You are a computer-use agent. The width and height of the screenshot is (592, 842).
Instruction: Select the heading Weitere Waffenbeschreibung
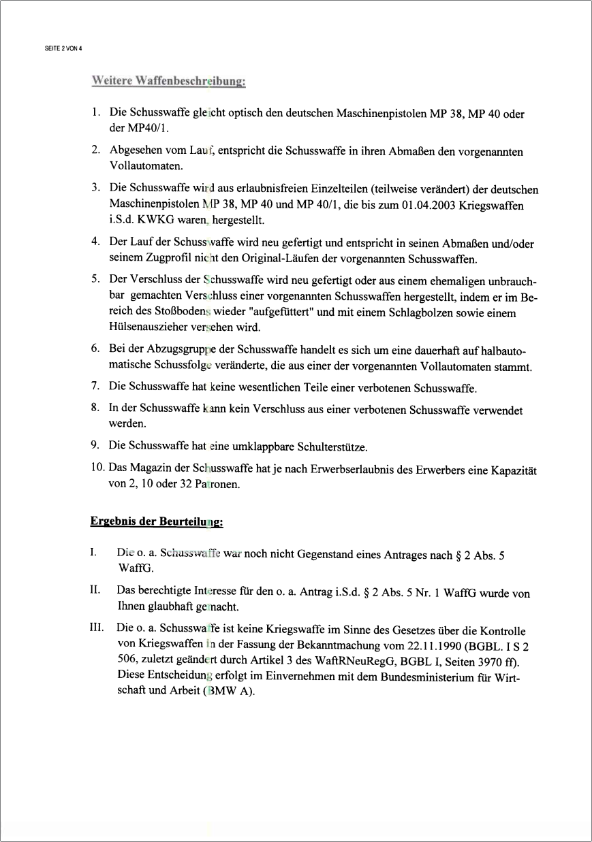(x=168, y=82)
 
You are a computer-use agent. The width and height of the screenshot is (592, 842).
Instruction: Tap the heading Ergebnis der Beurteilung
(x=157, y=523)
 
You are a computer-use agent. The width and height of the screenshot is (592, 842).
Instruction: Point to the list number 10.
(x=97, y=470)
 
